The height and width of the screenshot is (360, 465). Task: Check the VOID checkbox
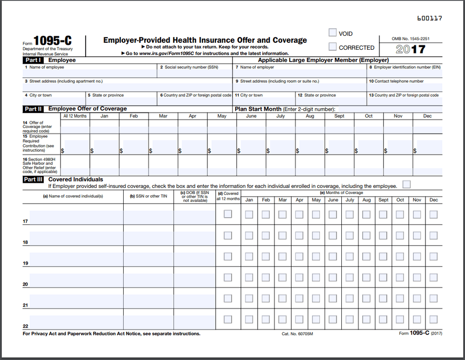tap(332, 33)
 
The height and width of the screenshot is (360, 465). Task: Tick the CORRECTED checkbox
tap(332, 47)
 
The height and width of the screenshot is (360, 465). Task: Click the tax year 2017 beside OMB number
tap(411, 49)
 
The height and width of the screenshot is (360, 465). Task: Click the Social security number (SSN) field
tap(195, 73)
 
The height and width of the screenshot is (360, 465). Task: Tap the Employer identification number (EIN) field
tap(405, 73)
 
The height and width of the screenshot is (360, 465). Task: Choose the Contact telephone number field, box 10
tap(405, 87)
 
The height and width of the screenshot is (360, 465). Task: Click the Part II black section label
tap(33, 109)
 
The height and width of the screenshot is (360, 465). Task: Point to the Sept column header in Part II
tap(339, 116)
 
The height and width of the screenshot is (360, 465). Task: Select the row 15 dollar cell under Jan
tap(105, 147)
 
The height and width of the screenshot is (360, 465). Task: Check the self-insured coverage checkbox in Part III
tap(407, 185)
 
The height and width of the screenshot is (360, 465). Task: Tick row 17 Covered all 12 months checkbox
tap(228, 214)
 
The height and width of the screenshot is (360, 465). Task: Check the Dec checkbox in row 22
tap(433, 320)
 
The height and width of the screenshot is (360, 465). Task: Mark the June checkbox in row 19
tap(333, 256)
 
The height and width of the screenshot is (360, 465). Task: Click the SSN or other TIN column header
tap(148, 196)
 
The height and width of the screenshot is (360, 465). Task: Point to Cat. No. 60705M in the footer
tap(297, 334)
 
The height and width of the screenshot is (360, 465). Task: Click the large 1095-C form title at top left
tap(53, 40)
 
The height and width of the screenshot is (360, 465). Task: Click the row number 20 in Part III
tap(26, 284)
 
